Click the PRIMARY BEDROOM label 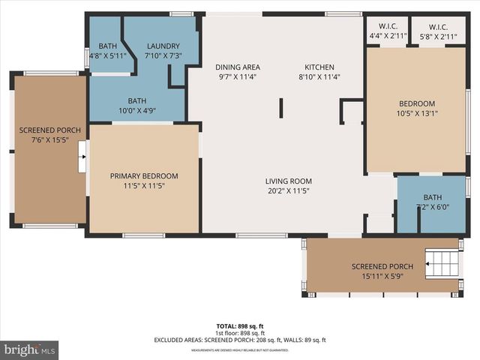[x=142, y=176]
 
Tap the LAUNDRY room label [x=163, y=46]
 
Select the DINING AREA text [x=237, y=67]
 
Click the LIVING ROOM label [x=288, y=181]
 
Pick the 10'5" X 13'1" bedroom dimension [x=416, y=114]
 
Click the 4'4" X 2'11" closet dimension [x=388, y=36]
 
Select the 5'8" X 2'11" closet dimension [x=438, y=36]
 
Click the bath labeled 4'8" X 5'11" [x=103, y=55]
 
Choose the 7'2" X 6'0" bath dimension [x=433, y=208]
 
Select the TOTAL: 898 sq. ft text [x=240, y=326]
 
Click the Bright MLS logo [x=30, y=349]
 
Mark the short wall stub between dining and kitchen [x=281, y=107]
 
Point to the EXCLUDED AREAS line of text [x=240, y=340]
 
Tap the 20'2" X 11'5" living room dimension [x=288, y=191]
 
